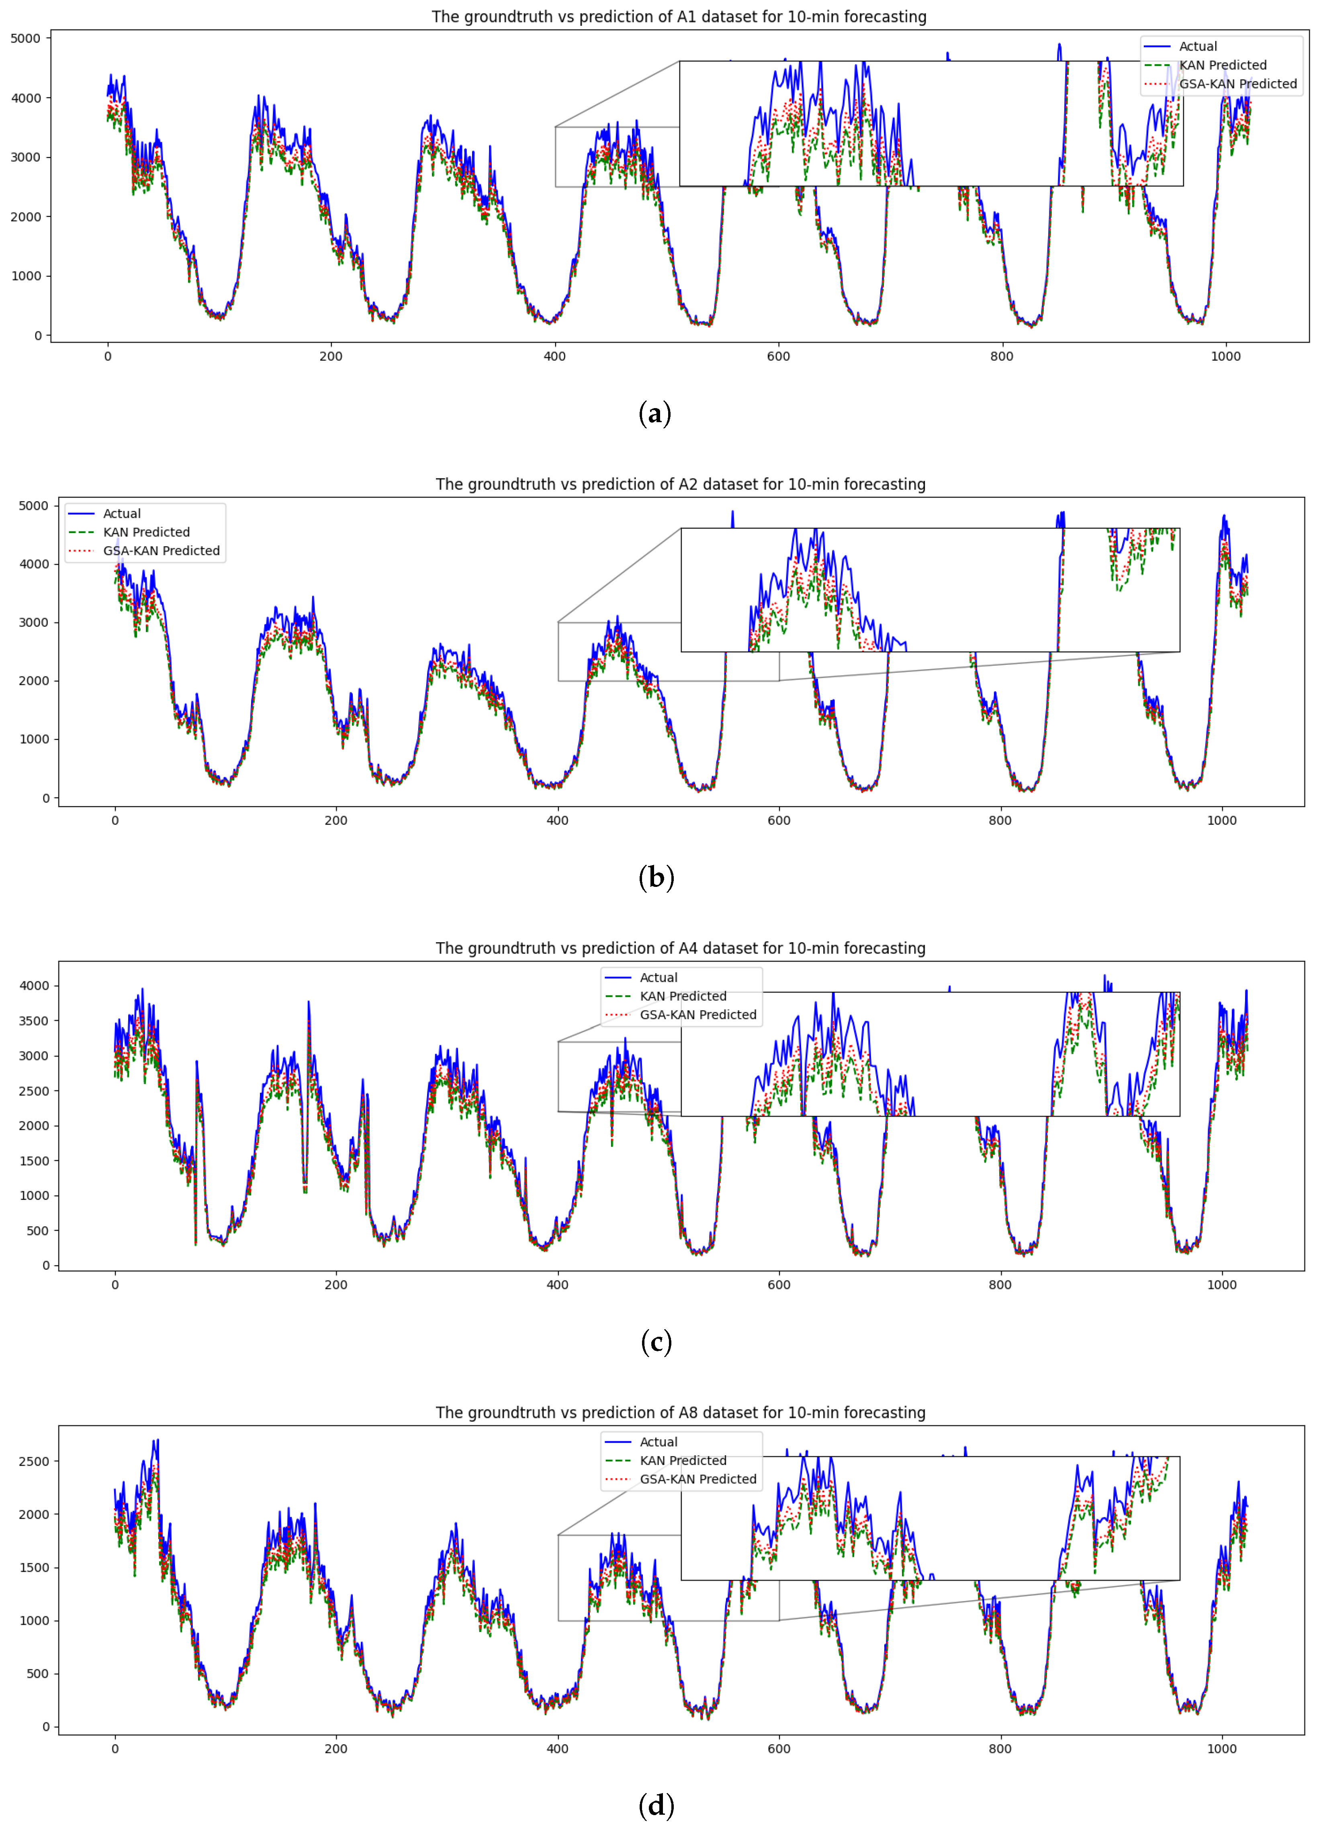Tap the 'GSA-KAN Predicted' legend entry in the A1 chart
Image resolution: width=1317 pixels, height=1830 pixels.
1237,84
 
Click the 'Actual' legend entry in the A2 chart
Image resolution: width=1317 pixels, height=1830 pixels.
121,513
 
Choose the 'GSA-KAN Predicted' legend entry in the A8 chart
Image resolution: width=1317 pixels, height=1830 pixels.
697,1479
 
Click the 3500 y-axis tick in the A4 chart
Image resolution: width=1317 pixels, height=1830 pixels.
34,1021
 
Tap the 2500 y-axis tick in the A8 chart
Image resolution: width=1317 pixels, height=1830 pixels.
34,1461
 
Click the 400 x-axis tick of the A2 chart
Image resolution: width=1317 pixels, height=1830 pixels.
557,821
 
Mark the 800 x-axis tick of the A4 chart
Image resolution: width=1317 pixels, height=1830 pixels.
1000,1285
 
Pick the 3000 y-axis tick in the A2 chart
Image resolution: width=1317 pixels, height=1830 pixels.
34,622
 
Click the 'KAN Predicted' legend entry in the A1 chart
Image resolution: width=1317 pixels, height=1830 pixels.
1223,65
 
